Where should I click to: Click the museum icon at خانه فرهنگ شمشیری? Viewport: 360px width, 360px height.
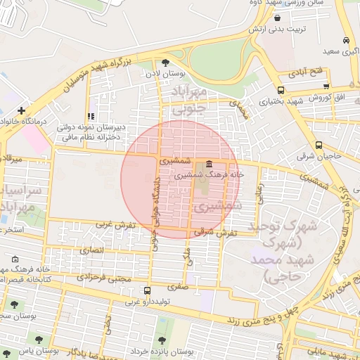tap(210, 163)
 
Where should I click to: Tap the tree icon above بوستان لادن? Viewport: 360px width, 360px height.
tap(165, 62)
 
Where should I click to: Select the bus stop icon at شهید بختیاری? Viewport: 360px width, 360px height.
tap(281, 90)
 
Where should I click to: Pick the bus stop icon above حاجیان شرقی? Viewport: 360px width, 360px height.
tap(319, 145)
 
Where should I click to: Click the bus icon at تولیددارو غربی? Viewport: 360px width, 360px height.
tap(146, 290)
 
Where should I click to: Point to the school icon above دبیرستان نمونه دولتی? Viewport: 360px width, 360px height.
tap(90, 116)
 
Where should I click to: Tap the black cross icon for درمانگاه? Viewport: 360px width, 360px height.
tap(22, 110)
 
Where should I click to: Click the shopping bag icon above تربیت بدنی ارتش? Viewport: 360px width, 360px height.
tap(278, 19)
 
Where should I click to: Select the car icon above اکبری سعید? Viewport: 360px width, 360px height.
tap(346, 41)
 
